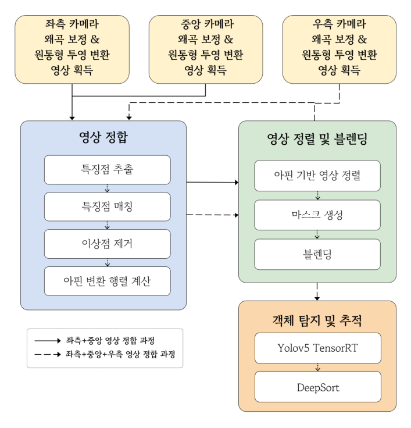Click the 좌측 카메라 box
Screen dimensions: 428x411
(x=72, y=49)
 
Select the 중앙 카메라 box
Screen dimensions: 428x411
(x=206, y=49)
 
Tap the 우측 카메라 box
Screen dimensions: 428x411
(x=339, y=49)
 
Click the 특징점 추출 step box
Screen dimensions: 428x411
(x=108, y=170)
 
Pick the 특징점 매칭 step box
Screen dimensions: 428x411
(x=108, y=207)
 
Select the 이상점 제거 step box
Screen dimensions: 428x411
(x=108, y=244)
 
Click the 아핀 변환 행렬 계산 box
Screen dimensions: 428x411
(x=108, y=281)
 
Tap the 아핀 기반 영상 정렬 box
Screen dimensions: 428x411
(x=317, y=175)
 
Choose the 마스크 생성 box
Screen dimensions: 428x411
(x=317, y=215)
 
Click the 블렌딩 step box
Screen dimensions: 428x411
(x=317, y=254)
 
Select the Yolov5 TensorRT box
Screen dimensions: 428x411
(x=317, y=348)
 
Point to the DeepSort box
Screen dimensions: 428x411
(x=317, y=386)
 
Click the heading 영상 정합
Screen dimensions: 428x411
(x=103, y=138)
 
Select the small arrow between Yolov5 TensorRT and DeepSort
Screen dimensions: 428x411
(x=317, y=367)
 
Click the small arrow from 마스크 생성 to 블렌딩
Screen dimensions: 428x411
(x=317, y=234)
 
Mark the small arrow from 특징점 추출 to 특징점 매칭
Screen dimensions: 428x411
(x=108, y=188)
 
